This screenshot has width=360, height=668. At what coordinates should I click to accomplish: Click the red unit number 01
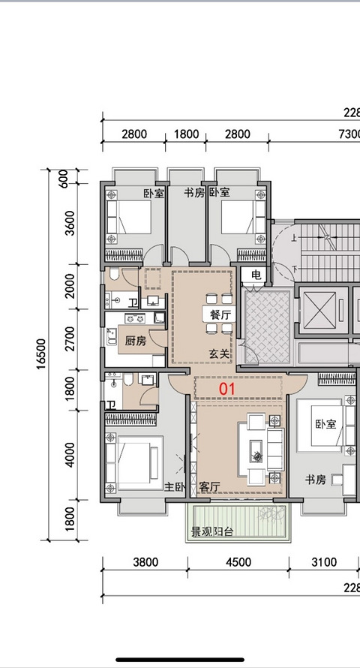(227, 389)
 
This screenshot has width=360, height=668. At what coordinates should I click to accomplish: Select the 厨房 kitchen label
(136, 342)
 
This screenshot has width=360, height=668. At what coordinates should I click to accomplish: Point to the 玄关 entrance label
(219, 354)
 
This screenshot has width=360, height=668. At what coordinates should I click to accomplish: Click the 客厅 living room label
(210, 487)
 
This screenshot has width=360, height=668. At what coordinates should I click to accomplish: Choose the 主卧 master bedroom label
(175, 486)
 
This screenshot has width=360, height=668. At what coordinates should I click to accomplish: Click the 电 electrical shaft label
(256, 275)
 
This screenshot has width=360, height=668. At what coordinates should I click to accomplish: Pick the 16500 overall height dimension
(40, 354)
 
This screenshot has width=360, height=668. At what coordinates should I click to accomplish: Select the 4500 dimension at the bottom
(238, 562)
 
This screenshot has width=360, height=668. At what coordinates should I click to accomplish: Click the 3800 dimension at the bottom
(145, 562)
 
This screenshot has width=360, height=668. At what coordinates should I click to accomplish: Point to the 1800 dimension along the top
(187, 134)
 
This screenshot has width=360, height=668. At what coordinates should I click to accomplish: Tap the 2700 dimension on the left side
(70, 339)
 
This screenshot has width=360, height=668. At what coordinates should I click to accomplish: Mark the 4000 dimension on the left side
(70, 455)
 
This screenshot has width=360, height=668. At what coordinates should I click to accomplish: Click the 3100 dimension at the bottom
(324, 562)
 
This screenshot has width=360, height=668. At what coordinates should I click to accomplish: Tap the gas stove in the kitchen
(134, 318)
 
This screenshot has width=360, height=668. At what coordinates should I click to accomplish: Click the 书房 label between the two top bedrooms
(194, 193)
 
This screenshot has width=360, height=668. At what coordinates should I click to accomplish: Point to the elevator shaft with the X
(318, 309)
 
